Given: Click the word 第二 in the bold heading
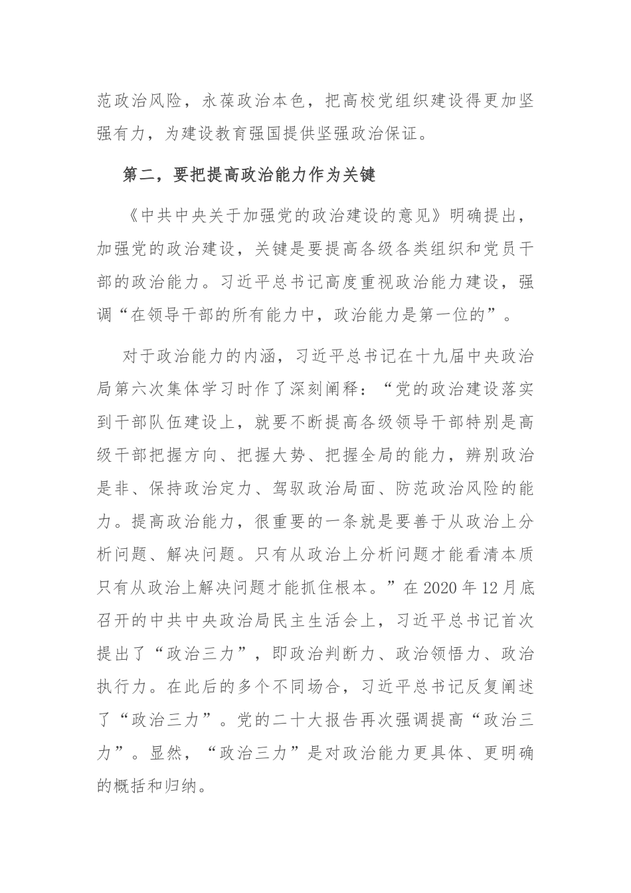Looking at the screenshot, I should click(137, 175).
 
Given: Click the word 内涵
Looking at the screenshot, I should click(260, 356).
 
